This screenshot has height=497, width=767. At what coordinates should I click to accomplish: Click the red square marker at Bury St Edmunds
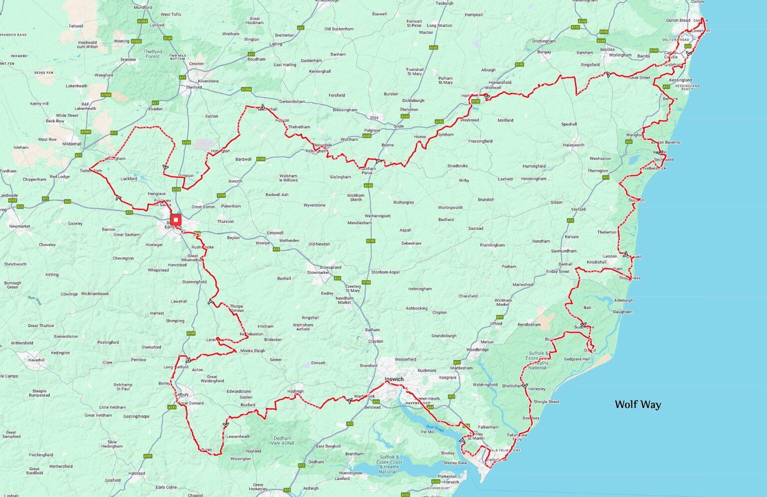(176, 220)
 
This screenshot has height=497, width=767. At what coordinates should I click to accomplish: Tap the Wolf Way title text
(638, 404)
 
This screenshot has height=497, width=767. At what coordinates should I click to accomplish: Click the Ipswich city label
(394, 379)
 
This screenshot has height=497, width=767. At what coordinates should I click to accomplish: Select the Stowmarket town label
(318, 272)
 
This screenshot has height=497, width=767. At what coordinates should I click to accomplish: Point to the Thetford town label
(194, 87)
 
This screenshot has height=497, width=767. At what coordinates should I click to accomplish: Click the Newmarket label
(20, 226)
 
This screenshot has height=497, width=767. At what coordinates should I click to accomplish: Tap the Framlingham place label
(492, 245)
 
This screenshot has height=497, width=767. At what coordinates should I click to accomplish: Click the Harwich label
(451, 482)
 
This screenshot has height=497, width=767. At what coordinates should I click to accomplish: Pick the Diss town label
(374, 118)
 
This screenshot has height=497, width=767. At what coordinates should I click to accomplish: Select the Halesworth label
(573, 145)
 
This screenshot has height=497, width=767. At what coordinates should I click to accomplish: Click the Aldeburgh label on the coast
(623, 300)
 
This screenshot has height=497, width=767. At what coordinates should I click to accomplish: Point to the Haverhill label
(36, 360)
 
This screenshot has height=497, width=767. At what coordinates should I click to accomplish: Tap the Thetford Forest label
(153, 54)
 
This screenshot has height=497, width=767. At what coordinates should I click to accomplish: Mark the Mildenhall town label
(71, 144)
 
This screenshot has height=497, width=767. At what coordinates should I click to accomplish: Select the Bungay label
(544, 52)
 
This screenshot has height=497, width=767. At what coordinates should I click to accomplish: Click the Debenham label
(411, 244)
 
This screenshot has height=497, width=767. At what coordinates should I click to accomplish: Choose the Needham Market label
(344, 300)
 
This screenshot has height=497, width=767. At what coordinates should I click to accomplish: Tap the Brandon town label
(128, 60)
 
